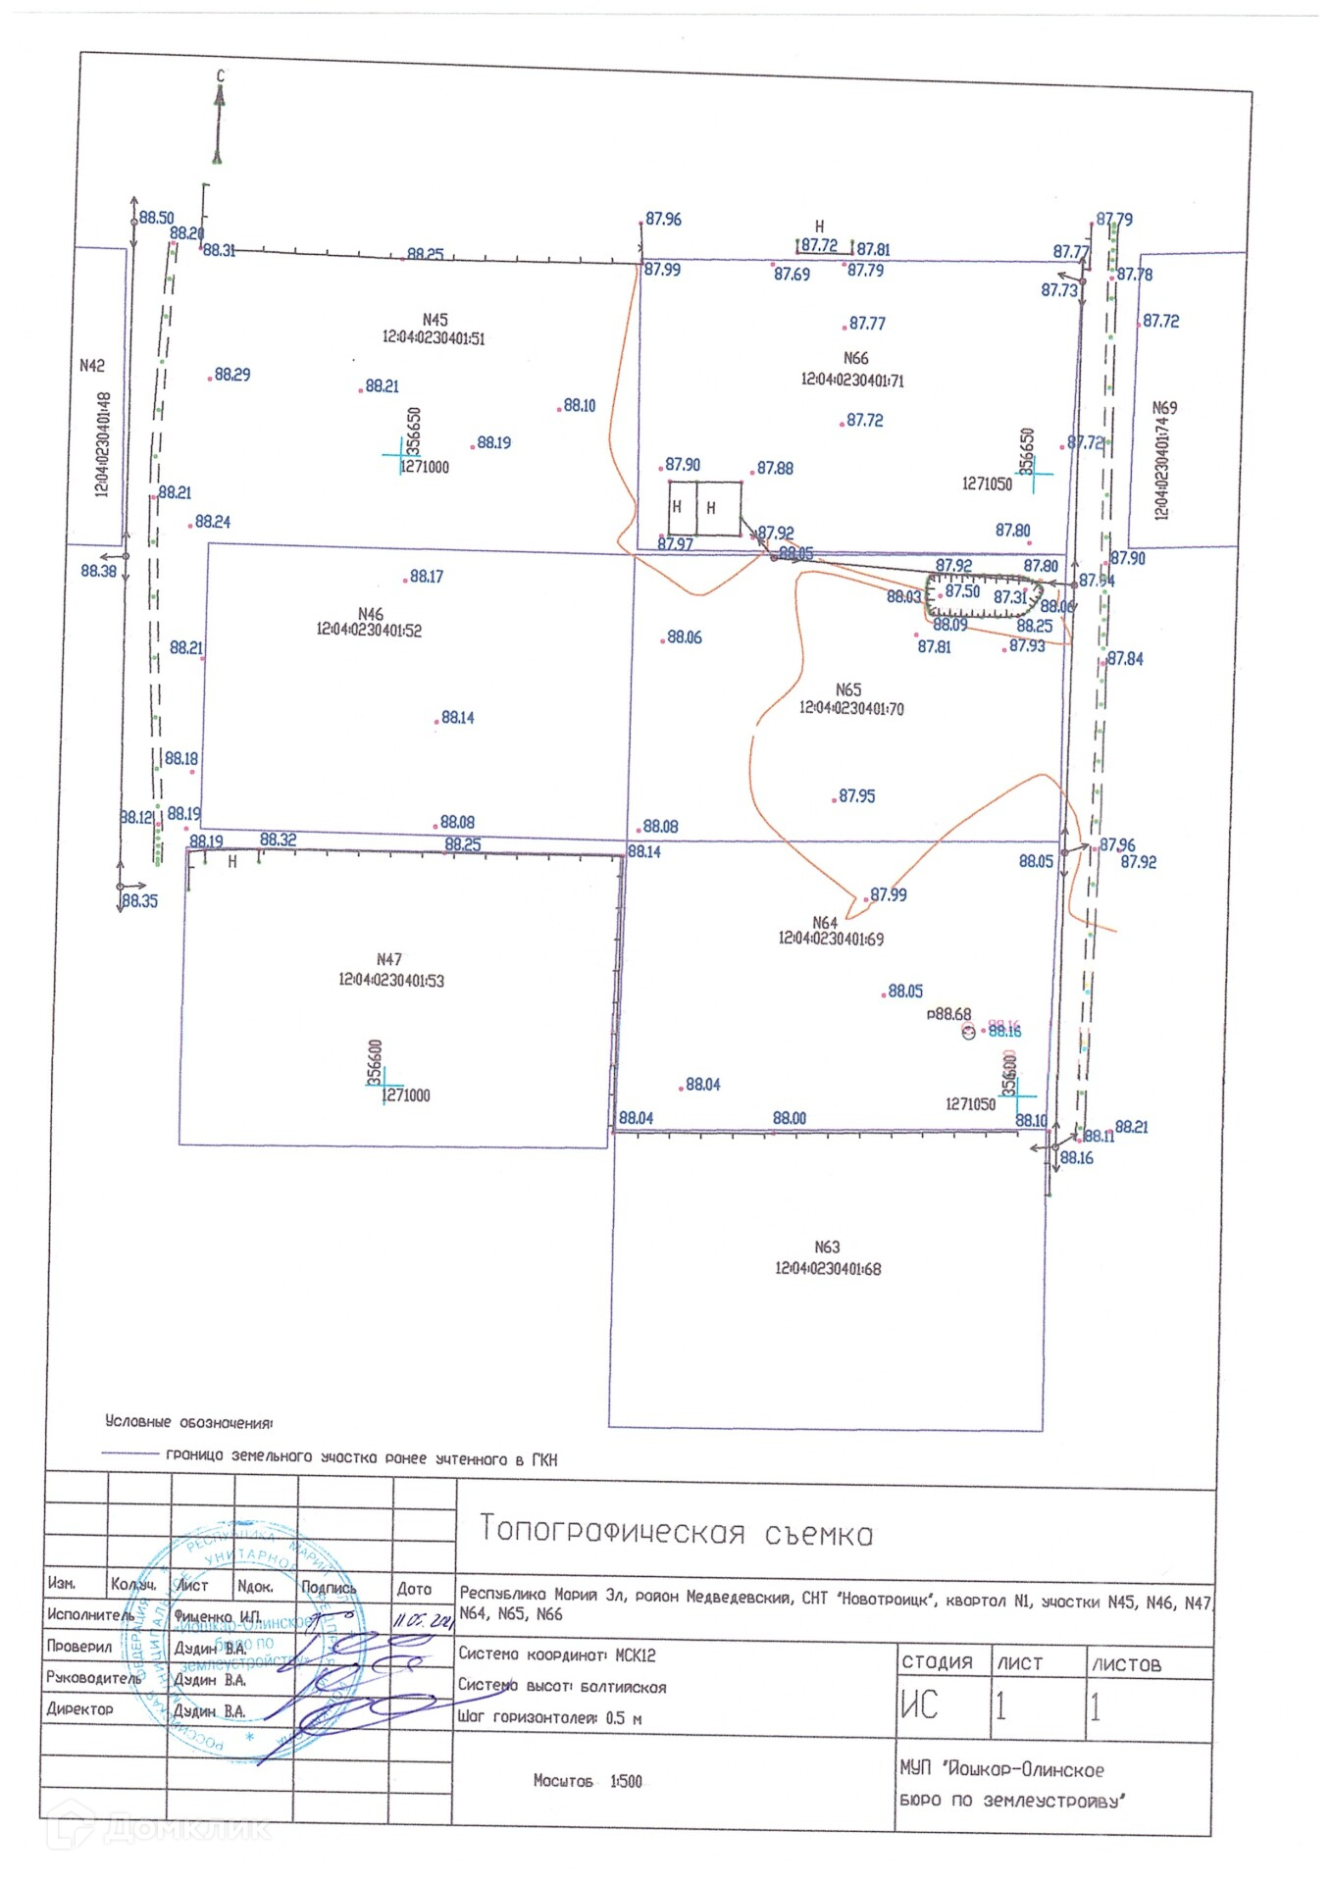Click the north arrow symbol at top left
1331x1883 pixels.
[x=219, y=123]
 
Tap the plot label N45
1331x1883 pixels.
[x=435, y=320]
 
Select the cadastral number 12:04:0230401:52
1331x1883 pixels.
[x=369, y=630]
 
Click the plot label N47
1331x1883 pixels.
[x=389, y=959]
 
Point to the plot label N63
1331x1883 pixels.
[x=827, y=1247]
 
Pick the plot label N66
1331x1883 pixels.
[x=855, y=358]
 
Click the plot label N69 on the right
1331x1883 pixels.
[x=1164, y=407]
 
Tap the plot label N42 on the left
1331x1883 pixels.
[x=91, y=365]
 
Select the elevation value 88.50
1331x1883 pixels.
[x=156, y=218]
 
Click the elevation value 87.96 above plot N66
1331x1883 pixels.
[x=663, y=219]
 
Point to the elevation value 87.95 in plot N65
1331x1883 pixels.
[x=856, y=796]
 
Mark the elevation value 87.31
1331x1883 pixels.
[x=1009, y=596]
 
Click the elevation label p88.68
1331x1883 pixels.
[x=948, y=1014]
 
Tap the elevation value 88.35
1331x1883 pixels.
[x=139, y=900]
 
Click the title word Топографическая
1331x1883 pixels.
[x=612, y=1530]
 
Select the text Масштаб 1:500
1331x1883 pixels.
[x=588, y=1780]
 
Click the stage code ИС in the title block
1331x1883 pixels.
[x=919, y=1705]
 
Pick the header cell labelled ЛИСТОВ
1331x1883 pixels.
[x=1126, y=1664]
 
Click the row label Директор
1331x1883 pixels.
[x=79, y=1708]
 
